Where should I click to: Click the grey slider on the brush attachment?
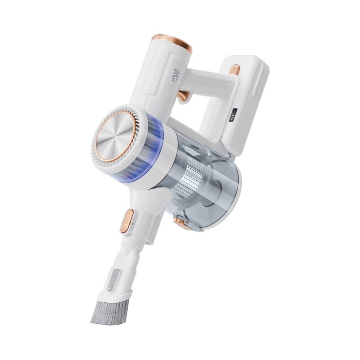[113, 280]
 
